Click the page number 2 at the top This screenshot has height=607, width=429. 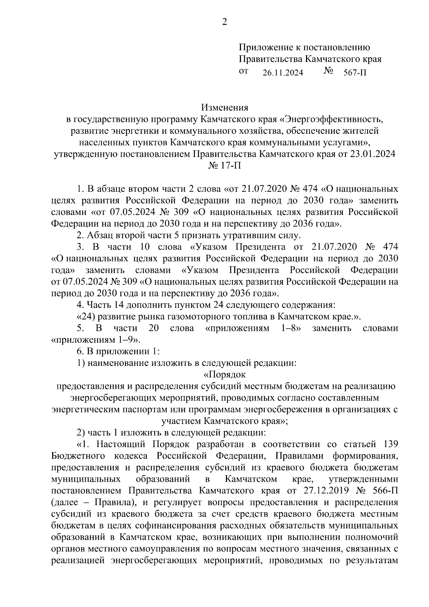click(x=225, y=23)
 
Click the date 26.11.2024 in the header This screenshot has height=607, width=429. click(x=282, y=73)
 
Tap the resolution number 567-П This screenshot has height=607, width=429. click(x=355, y=73)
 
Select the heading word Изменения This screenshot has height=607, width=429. click(x=224, y=107)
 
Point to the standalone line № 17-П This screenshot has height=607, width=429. click(x=224, y=166)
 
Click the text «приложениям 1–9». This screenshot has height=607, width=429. click(x=97, y=339)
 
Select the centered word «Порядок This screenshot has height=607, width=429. click(x=224, y=375)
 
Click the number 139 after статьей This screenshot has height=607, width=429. click(x=390, y=445)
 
